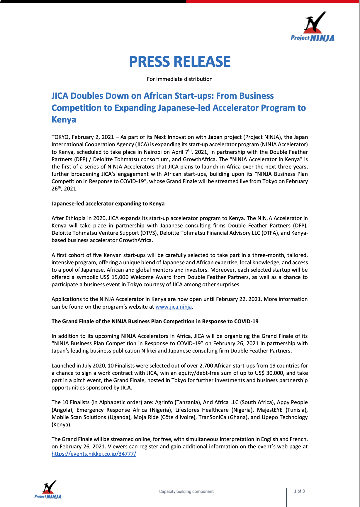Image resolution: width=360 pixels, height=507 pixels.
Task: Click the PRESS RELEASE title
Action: point(180,62)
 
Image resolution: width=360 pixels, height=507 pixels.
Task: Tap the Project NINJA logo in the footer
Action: point(48,490)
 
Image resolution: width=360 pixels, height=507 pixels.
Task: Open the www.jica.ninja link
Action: point(174,307)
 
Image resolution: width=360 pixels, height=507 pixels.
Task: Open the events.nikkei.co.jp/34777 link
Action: point(94,454)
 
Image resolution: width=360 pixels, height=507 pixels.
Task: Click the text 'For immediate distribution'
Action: point(179,79)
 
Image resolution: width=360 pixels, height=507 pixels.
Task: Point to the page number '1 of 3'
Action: point(299,491)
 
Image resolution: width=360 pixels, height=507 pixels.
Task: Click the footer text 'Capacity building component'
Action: point(186,491)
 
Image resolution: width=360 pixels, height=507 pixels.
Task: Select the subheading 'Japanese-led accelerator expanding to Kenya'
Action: point(108,204)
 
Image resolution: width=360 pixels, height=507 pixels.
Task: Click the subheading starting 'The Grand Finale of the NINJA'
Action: point(155,321)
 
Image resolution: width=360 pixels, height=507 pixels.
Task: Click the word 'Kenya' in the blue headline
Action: point(64,120)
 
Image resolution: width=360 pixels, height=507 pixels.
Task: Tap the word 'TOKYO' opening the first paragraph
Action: point(60,137)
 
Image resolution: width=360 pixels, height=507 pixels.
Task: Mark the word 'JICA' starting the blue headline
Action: point(60,96)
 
